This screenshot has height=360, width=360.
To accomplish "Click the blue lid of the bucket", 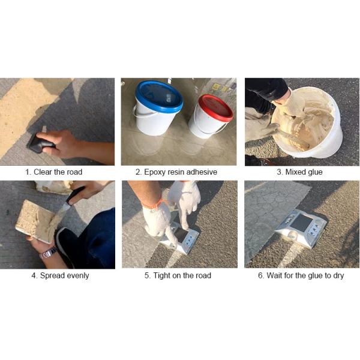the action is [x=159, y=96].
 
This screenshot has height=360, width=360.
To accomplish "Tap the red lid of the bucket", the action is [x=215, y=107].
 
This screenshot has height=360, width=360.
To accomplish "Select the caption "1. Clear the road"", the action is [x=54, y=172].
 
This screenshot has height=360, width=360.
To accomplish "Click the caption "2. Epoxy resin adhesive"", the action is [x=176, y=172].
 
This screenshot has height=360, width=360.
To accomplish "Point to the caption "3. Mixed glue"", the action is [x=299, y=172].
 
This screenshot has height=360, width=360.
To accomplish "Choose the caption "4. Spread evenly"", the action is [x=60, y=275].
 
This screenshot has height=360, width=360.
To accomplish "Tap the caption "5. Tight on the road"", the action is [x=178, y=275].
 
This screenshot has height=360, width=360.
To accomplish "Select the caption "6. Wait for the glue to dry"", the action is [x=301, y=275].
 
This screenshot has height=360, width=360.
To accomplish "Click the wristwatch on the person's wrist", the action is [x=48, y=253].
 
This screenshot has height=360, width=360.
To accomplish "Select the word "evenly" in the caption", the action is [x=77, y=276].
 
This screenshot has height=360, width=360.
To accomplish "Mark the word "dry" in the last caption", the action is [x=338, y=276].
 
